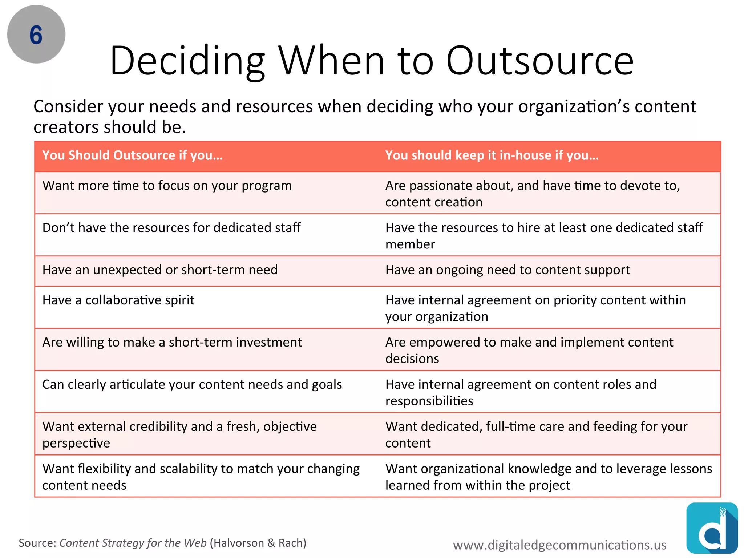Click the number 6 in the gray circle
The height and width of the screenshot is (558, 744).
pyautogui.click(x=36, y=35)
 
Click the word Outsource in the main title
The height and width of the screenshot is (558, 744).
pyautogui.click(x=540, y=61)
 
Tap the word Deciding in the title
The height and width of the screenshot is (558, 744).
pyautogui.click(x=187, y=61)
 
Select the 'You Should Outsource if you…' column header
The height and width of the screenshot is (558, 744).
pyautogui.click(x=132, y=155)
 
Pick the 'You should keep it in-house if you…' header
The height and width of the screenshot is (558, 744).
pyautogui.click(x=492, y=155)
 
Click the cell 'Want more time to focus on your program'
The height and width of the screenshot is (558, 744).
pyautogui.click(x=167, y=186)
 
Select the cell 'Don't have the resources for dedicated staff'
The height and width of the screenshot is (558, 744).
pyautogui.click(x=171, y=228)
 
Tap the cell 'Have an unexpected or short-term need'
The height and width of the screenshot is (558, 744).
pyautogui.click(x=160, y=270)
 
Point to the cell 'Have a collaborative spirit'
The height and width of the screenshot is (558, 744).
pyautogui.click(x=118, y=300)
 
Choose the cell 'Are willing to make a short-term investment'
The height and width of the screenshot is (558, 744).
pyautogui.click(x=172, y=342)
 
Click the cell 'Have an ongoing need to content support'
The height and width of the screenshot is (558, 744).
pyautogui.click(x=508, y=270)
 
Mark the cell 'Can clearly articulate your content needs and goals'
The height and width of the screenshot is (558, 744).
pyautogui.click(x=192, y=384)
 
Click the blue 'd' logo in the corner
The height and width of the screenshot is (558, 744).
pyautogui.click(x=712, y=528)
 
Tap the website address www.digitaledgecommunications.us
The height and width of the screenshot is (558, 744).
pyautogui.click(x=559, y=545)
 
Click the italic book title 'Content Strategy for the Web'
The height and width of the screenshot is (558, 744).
pyautogui.click(x=133, y=543)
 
